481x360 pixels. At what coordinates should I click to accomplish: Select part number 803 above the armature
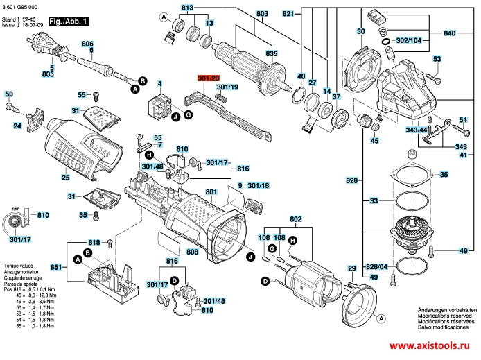tap(242, 13)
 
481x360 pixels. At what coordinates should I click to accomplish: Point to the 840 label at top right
tap(449, 33)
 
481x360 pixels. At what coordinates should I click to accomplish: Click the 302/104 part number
tap(408, 41)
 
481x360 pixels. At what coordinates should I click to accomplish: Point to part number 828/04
tap(376, 266)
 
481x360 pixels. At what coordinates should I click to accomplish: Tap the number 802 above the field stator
tap(296, 219)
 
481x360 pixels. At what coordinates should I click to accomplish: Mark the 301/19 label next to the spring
tap(227, 87)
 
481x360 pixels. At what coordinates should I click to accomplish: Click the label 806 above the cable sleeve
tap(87, 44)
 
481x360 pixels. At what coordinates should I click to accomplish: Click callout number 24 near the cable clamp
tap(17, 126)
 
